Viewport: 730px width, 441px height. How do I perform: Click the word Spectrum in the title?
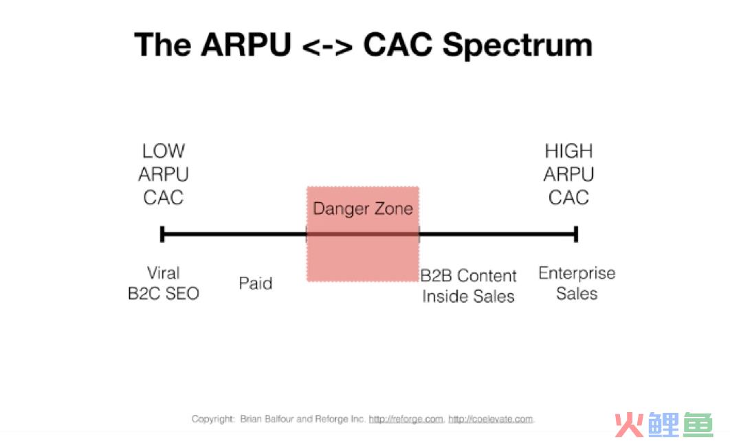pos(517,45)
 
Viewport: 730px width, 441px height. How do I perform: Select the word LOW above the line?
pos(164,151)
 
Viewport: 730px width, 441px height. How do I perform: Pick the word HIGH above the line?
pos(568,151)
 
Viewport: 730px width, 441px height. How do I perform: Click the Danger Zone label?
pos(363,208)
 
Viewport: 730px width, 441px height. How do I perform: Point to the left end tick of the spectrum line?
pos(162,234)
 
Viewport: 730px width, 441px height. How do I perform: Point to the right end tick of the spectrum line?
pos(576,234)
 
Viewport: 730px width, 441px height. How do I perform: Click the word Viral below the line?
pos(164,272)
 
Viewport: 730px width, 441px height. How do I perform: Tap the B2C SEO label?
pos(164,293)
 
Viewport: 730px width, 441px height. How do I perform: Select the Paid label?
pos(256,283)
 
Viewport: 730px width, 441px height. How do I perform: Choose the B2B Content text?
pos(468,275)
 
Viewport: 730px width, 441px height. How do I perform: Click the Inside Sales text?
pos(468,296)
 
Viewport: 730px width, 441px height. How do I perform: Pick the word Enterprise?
pos(577,273)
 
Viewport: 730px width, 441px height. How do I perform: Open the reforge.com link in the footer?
pos(406,419)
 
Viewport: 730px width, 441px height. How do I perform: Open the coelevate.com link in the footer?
pos(490,419)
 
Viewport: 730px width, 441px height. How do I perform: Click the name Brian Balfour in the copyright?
pos(267,419)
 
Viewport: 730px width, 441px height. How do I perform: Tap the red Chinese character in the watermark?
pos(628,424)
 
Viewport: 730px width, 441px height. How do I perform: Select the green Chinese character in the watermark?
pos(698,424)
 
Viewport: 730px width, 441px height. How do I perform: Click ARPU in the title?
pos(246,45)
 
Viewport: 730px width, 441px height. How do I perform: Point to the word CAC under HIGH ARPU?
pos(568,197)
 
